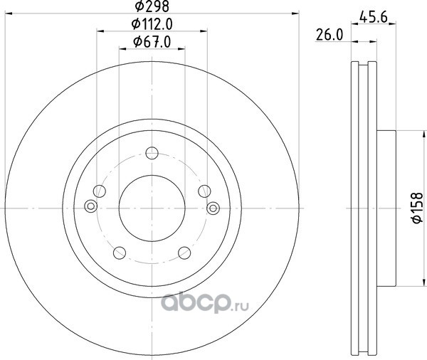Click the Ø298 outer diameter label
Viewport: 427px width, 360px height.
(x=152, y=6)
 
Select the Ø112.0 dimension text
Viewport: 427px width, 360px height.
(x=152, y=24)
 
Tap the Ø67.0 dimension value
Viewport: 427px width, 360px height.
(x=152, y=42)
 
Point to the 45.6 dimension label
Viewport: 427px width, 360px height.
(x=374, y=17)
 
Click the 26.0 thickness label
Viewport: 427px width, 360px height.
(x=330, y=35)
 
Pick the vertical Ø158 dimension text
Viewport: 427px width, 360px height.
(x=418, y=208)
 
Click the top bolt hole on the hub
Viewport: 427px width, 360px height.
(x=152, y=153)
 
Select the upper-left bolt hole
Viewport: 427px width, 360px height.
(x=100, y=191)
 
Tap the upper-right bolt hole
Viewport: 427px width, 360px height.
(x=204, y=191)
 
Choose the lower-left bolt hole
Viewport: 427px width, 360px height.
(x=120, y=253)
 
